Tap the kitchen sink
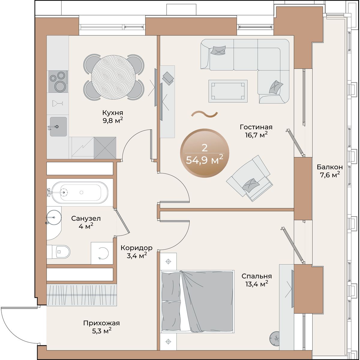tap(58, 127)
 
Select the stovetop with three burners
tap(58, 82)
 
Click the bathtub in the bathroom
tap(80, 192)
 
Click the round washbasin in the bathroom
tap(54, 217)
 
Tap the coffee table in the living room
tap(228, 91)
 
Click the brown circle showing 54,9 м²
tap(205, 153)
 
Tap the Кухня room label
tap(113, 113)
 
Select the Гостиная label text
tap(256, 127)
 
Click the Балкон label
tap(329, 167)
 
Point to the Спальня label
tap(256, 276)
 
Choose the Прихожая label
tap(101, 323)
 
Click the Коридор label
tap(136, 248)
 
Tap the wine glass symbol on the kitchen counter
tap(58, 103)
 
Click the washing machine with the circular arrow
tap(102, 253)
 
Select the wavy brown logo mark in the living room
tap(204, 114)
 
